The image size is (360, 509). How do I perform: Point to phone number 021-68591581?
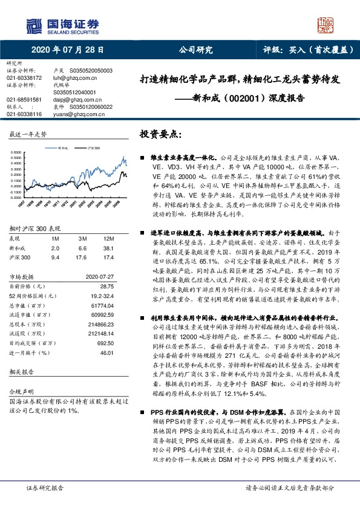click(x=24, y=99)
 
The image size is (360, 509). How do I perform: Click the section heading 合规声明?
click(x=18, y=375)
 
